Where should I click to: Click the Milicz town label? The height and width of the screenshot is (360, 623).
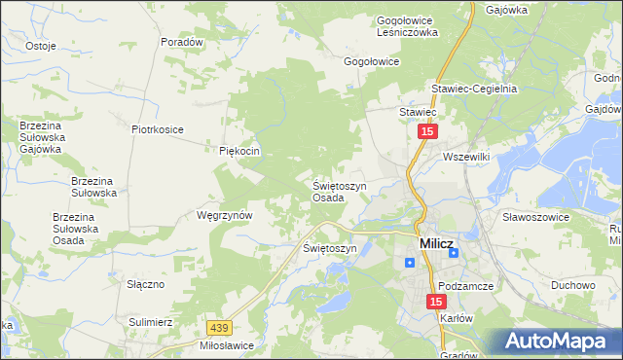tap(435, 244)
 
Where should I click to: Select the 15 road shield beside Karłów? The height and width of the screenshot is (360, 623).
tap(435, 303)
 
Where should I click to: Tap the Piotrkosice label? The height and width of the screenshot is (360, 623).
tap(158, 128)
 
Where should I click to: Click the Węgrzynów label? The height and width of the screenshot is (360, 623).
tap(224, 215)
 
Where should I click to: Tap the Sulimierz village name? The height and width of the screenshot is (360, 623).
tap(151, 320)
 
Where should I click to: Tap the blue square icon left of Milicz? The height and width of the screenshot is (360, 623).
tap(410, 261)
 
